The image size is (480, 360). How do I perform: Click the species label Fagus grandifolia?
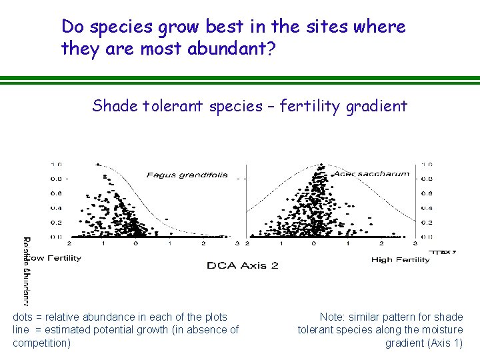(187, 175)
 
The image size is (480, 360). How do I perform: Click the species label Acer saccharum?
(371, 174)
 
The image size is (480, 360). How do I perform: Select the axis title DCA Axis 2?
(243, 265)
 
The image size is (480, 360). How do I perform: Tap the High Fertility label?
(400, 260)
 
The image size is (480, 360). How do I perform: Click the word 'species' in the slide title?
(123, 27)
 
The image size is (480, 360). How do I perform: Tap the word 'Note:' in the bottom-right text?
(333, 317)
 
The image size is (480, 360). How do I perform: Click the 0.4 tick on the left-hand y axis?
(57, 208)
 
